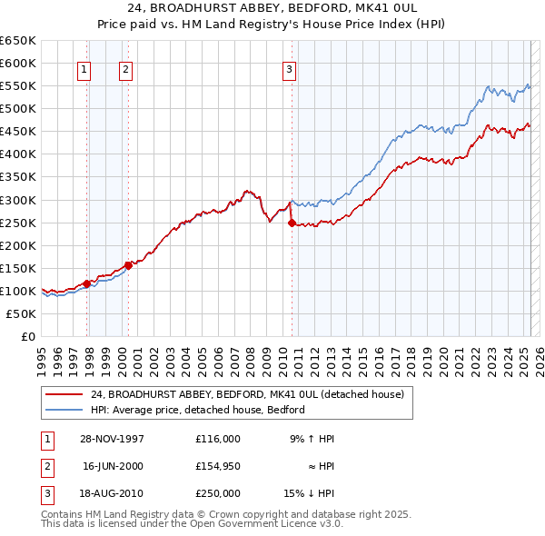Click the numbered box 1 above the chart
coord(84,68)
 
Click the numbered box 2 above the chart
coord(124,68)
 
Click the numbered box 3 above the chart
coord(289,68)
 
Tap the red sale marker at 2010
coord(292,223)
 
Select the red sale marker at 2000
coord(128,265)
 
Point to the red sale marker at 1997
coord(87,283)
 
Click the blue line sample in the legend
coord(64,410)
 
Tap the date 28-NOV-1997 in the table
coord(113,439)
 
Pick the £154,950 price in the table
coord(217,466)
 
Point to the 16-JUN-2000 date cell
coord(113,466)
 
